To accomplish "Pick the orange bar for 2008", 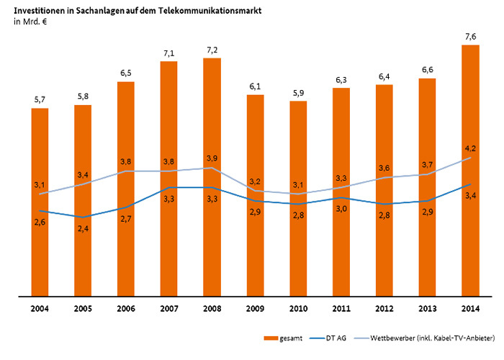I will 211,238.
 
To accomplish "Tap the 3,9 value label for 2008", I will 211,158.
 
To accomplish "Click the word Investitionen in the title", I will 39,11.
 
